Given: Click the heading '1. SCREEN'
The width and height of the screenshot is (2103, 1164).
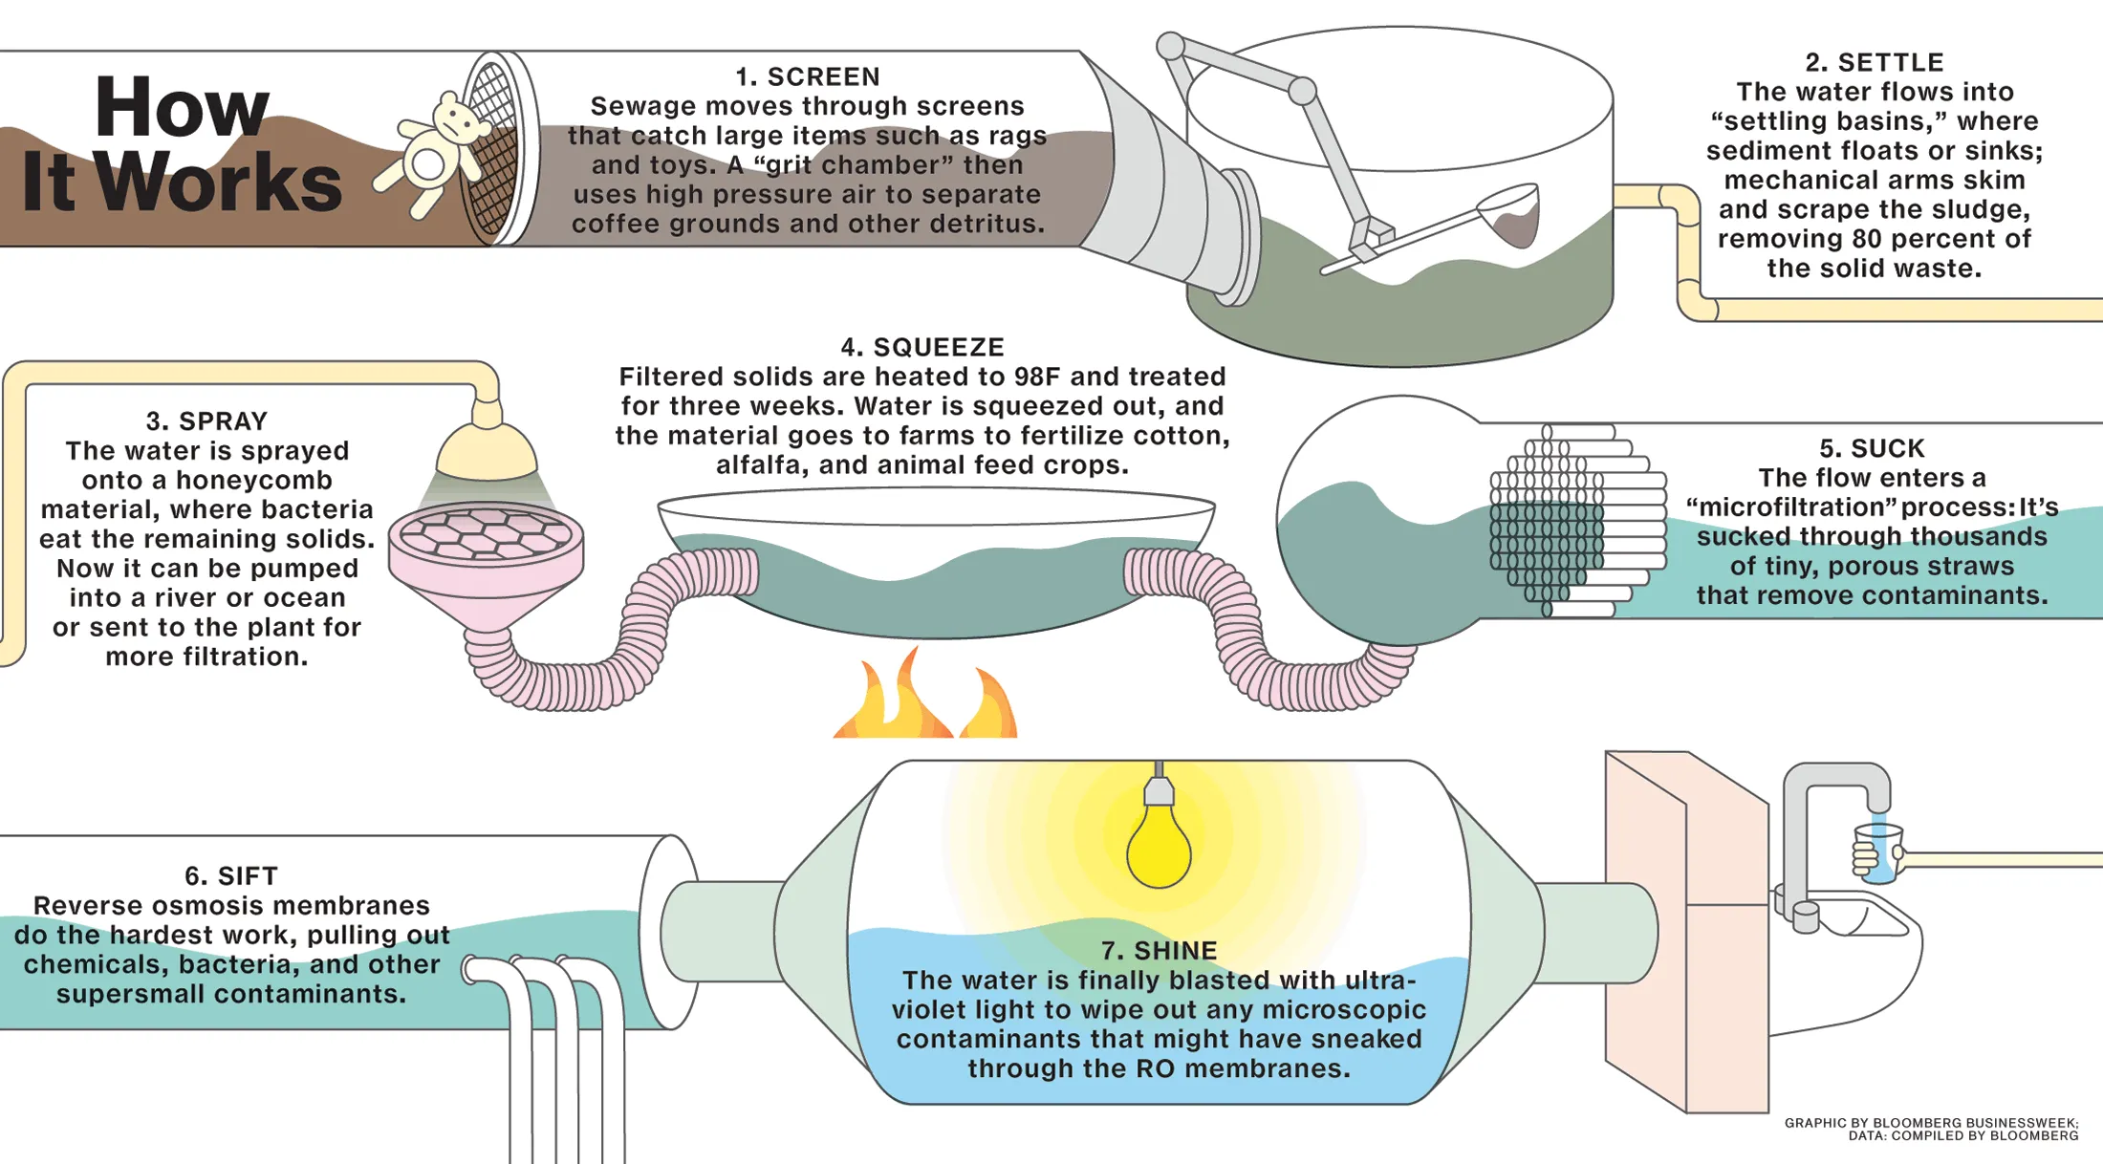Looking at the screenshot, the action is [x=808, y=76].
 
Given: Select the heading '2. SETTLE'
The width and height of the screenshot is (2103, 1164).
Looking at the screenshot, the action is [x=1875, y=62].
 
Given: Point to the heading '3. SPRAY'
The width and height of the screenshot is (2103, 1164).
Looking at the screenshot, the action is [x=206, y=421].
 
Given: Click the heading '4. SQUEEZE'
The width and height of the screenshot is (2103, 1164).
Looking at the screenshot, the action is [x=922, y=347].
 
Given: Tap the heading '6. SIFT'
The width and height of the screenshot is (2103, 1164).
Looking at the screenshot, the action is [x=231, y=876].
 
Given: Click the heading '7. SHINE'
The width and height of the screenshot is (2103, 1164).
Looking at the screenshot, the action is [x=1159, y=951].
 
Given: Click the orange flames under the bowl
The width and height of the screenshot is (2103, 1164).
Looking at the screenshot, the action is [x=924, y=693].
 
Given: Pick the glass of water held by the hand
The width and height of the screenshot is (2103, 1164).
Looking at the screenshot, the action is [x=1878, y=852].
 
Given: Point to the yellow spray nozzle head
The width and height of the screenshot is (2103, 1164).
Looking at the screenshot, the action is [x=487, y=449].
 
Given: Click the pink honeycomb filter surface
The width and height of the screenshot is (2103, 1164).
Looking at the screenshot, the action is [x=486, y=533].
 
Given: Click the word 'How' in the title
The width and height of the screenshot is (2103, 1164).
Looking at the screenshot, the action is [x=182, y=107].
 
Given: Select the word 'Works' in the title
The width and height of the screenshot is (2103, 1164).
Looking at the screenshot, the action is [x=220, y=182].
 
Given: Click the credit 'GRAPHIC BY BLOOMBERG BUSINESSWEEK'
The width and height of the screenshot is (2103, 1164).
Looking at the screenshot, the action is [x=1931, y=1123].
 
